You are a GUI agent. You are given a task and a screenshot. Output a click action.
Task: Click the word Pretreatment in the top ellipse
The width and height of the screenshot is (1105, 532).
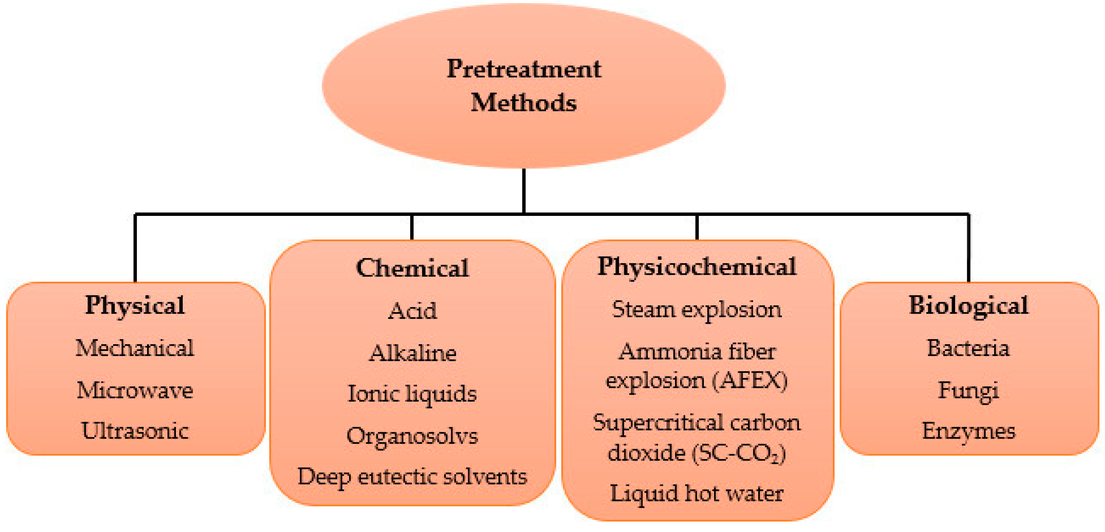[524, 69]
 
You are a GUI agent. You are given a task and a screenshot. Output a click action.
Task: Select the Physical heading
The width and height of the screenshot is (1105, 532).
[135, 305]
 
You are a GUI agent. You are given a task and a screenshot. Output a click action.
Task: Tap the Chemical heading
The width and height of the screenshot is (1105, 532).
[412, 268]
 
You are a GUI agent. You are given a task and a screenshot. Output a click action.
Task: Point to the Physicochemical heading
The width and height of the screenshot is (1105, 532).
[697, 267]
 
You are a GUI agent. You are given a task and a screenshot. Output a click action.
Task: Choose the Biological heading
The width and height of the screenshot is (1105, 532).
[968, 305]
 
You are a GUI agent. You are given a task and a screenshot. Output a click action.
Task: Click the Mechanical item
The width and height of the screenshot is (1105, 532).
[135, 347]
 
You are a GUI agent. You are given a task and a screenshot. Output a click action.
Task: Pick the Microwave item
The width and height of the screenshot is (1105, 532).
[135, 390]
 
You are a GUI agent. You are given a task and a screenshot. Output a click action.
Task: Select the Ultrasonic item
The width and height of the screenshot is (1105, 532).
[135, 431]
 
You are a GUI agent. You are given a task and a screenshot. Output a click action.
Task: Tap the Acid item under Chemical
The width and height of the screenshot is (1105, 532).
[412, 311]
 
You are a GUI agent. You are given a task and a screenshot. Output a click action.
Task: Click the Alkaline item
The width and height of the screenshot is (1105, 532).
[412, 353]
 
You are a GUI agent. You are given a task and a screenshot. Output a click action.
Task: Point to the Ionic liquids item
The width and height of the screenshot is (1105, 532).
[412, 394]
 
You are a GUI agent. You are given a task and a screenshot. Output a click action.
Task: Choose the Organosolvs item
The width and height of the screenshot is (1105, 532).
[412, 436]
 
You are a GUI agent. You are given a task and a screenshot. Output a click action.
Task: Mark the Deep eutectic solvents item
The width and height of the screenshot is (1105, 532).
[412, 477]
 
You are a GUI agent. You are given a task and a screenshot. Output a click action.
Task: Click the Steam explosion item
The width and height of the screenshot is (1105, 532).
[697, 309]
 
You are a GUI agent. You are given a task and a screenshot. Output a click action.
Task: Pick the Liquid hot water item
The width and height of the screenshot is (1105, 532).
[697, 494]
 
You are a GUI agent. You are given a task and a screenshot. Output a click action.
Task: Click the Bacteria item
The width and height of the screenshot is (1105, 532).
[968, 347]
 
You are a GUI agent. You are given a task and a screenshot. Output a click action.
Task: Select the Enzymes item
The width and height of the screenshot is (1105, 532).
[968, 431]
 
